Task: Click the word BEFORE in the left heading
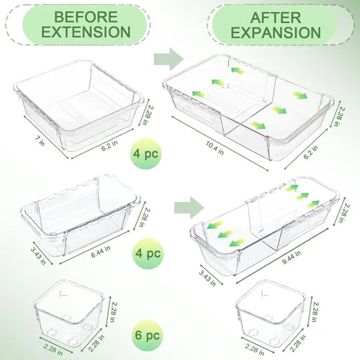click(x=86, y=17)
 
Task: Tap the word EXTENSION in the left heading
click(x=86, y=32)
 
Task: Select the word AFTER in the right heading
click(x=276, y=17)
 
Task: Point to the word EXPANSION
click(x=276, y=32)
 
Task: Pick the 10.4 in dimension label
click(x=215, y=148)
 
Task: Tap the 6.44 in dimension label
click(x=101, y=251)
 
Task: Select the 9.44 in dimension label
click(x=292, y=257)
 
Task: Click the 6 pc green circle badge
click(x=147, y=336)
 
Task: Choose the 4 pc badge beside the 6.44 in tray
click(x=147, y=253)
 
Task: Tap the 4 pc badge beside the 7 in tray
click(x=146, y=154)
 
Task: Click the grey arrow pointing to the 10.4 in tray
click(x=168, y=59)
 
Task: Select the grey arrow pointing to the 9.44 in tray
click(x=189, y=207)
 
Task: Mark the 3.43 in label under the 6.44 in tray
click(x=38, y=256)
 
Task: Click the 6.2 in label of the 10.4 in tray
click(x=311, y=152)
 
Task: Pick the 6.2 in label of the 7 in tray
click(x=109, y=145)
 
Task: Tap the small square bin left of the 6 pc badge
click(x=69, y=312)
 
